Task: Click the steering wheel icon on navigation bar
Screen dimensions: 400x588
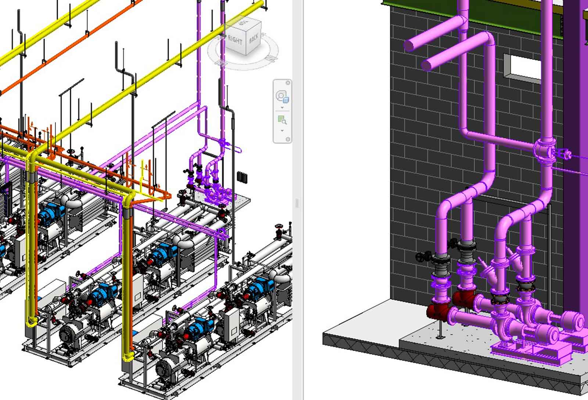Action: (282, 96)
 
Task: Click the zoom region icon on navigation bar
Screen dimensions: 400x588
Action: (282, 120)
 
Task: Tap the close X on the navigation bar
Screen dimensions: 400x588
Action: (288, 83)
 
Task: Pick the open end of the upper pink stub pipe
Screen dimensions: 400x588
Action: (409, 46)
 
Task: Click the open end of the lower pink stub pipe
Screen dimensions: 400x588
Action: (426, 65)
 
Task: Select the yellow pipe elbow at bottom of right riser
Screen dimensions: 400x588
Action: (128, 356)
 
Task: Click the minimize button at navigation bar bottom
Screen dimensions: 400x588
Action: (288, 139)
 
